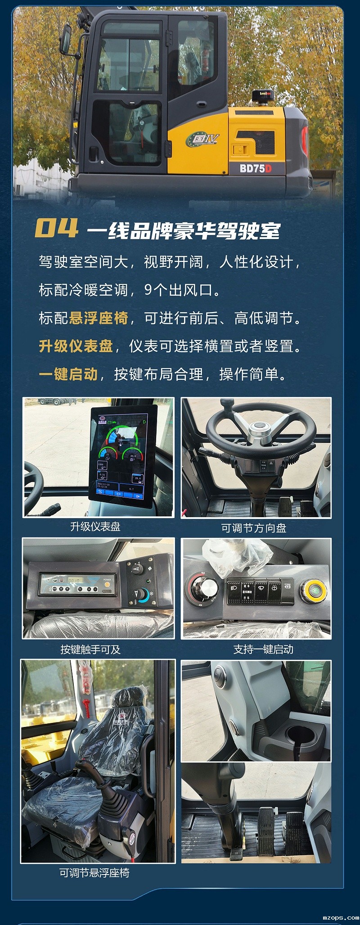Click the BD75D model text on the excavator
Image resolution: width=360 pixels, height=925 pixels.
[255, 168]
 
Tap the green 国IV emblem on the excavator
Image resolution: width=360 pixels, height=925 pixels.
[203, 140]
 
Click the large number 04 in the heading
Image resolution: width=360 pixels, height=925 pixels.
[56, 228]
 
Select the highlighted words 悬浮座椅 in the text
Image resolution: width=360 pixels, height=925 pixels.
[99, 318]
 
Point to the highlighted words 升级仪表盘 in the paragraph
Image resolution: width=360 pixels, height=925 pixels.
[76, 346]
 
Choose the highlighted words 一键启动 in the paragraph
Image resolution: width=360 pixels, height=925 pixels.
[68, 374]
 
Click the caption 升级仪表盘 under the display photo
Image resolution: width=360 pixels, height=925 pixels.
[95, 527]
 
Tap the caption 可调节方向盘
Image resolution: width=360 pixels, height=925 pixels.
[254, 528]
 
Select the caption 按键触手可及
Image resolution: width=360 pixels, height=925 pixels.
[90, 650]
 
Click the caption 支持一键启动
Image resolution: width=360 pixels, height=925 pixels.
[263, 650]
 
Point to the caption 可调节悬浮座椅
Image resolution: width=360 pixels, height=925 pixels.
[94, 873]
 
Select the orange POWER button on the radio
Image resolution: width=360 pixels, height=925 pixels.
[107, 585]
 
